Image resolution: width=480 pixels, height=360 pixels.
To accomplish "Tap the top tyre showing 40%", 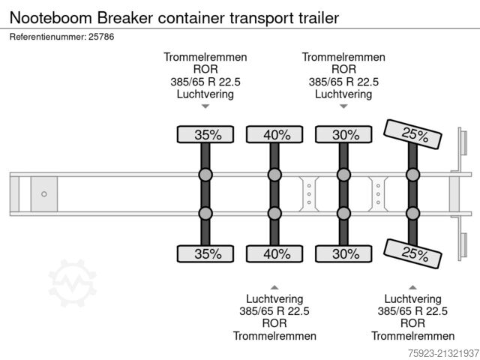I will pos(275,135).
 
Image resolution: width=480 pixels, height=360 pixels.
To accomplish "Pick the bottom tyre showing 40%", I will pos(275,253).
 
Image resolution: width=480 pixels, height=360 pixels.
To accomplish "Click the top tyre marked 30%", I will pos(344,135).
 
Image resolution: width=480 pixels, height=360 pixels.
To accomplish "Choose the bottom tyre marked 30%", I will pos(344,253).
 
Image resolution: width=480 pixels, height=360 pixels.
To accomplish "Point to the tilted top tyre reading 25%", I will pos(413,135).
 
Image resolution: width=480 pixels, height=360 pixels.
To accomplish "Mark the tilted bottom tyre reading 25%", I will pos(413,253).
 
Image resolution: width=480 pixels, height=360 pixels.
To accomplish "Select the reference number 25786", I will pos(100,36).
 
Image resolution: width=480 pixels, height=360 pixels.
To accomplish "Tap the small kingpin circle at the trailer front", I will pos(44,194).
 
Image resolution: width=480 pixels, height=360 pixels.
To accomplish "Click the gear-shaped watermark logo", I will pos(72,283).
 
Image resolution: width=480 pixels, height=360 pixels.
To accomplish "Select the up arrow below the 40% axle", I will pos(274,287).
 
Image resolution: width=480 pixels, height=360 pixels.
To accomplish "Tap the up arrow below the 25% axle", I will pos(412,287).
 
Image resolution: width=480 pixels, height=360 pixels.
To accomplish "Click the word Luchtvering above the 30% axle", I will pos(343,94).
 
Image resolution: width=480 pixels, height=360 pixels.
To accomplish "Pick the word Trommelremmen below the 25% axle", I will pos(412,336).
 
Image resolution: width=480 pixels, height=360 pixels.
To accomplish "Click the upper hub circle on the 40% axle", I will pos(275,175).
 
